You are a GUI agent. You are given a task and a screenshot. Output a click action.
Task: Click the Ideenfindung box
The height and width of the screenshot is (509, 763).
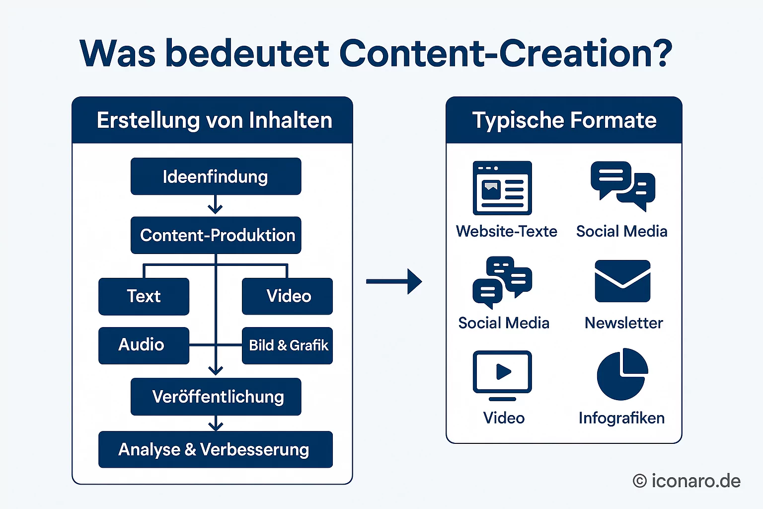(216, 176)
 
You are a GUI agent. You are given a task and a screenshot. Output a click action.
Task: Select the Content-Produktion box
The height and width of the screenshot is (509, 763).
(216, 235)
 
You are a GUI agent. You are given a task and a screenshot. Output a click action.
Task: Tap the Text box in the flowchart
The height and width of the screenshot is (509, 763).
(144, 296)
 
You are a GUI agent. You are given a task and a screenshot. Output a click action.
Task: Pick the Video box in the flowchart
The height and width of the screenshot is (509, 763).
(287, 296)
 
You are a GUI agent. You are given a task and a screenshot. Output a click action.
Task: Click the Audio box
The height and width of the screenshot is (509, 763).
(144, 345)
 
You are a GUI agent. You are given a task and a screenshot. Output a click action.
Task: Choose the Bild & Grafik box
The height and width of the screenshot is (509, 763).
(287, 345)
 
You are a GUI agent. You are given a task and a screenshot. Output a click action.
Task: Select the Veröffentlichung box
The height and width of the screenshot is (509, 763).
(216, 397)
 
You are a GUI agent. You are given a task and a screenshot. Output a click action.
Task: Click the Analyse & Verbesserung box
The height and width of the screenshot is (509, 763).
(216, 449)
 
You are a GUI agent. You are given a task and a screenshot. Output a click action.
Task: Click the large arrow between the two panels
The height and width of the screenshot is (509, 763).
(394, 281)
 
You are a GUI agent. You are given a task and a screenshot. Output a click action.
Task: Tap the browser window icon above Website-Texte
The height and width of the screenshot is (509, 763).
(502, 188)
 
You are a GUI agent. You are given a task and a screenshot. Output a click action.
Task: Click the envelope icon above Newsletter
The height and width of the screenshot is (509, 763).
(622, 281)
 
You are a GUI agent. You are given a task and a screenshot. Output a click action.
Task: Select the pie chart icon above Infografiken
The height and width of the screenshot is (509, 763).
(622, 374)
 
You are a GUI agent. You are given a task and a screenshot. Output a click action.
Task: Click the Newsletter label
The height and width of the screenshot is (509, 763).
(623, 323)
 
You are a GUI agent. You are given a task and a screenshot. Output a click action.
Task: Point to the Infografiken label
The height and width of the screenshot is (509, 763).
(621, 418)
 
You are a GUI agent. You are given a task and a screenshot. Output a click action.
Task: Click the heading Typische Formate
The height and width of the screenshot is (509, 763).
(564, 120)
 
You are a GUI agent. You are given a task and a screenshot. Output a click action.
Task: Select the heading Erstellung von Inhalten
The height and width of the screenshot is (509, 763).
(214, 120)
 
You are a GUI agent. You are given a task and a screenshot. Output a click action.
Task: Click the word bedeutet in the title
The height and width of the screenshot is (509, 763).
(247, 53)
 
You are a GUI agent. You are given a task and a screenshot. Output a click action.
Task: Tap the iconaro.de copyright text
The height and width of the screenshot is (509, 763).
(687, 481)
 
